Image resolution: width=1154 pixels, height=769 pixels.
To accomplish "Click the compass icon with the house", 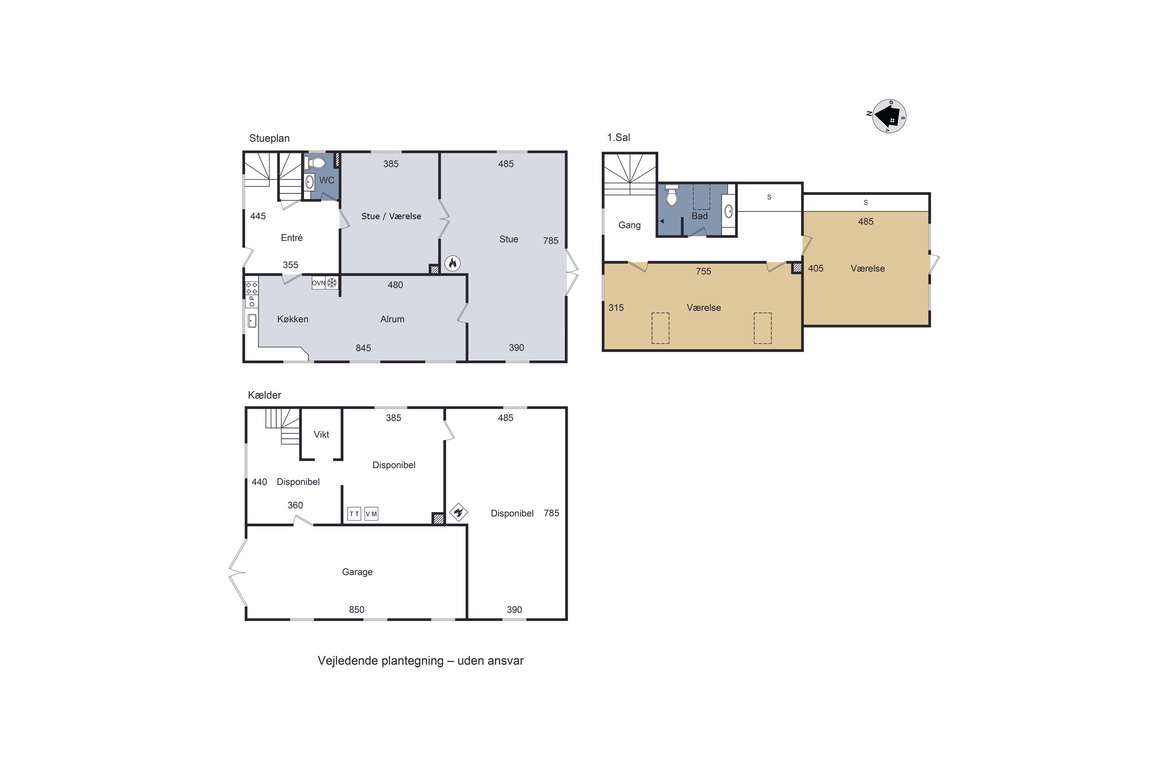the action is click(889, 116).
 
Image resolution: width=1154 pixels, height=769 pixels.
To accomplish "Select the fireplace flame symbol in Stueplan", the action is click(452, 263).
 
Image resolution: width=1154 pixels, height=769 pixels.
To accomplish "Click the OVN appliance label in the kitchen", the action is click(319, 283).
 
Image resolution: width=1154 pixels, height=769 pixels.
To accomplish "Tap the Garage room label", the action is click(357, 572).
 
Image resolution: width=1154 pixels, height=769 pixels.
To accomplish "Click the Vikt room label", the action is click(321, 434).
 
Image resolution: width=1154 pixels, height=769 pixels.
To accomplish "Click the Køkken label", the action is click(293, 319).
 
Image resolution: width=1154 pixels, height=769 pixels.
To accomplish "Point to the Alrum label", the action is click(392, 319).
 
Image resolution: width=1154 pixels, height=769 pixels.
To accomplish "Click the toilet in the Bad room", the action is click(672, 195).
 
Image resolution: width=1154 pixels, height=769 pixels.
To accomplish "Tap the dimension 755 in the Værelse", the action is click(703, 271).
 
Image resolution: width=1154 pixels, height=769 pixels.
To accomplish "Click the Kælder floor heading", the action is click(265, 395).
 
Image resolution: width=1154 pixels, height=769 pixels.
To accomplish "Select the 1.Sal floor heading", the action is click(619, 138).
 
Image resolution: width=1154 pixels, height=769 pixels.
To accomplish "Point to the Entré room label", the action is click(292, 238).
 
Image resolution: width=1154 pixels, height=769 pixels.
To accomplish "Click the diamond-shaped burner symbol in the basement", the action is click(458, 513).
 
